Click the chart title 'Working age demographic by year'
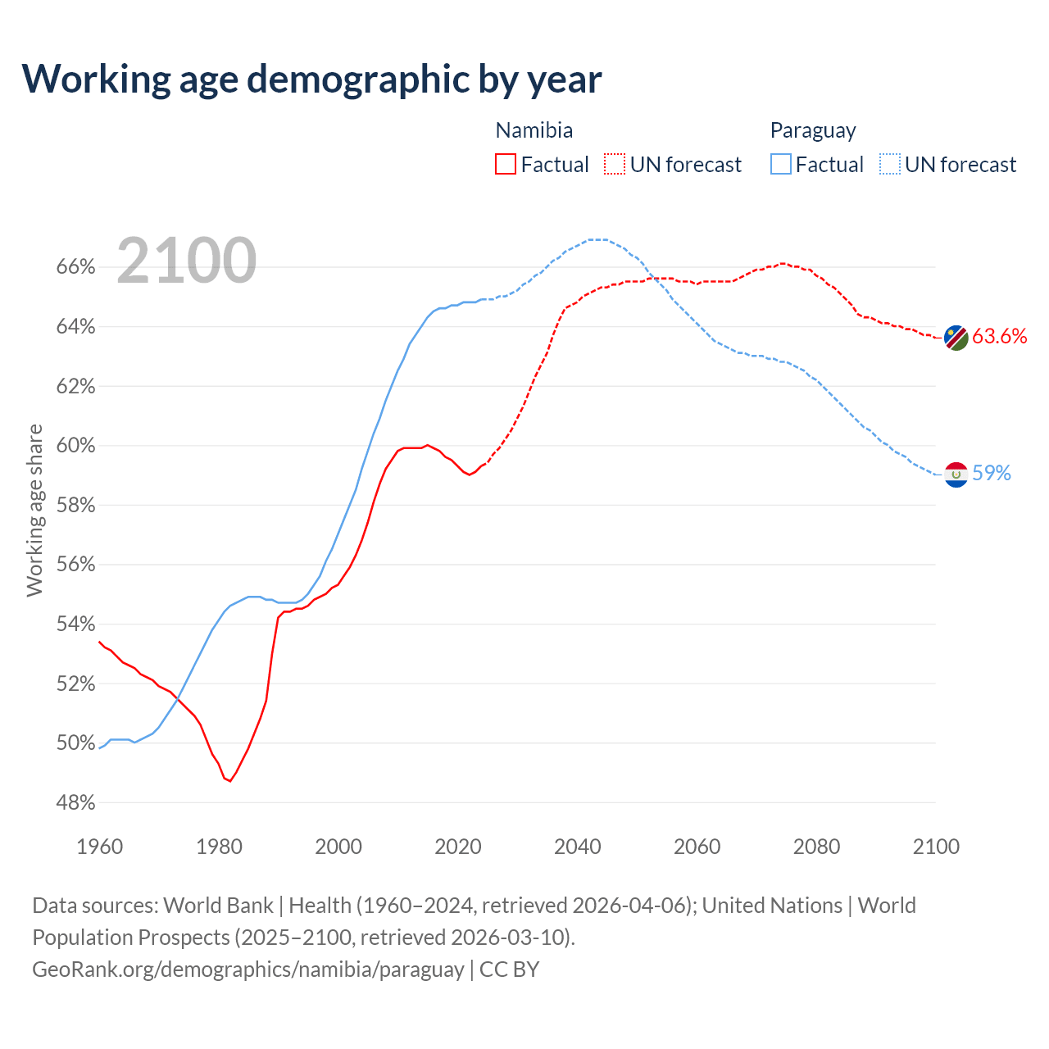pyautogui.click(x=311, y=79)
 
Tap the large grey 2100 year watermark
pyautogui.click(x=187, y=261)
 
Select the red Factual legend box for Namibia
pyautogui.click(x=506, y=165)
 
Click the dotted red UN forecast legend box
pyautogui.click(x=615, y=165)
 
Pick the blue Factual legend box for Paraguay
pyautogui.click(x=781, y=165)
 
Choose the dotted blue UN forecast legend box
pyautogui.click(x=890, y=165)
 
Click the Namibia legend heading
pyautogui.click(x=534, y=130)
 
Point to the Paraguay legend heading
pyautogui.click(x=813, y=130)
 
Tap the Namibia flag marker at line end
pyautogui.click(x=956, y=337)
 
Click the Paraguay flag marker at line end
pyautogui.click(x=956, y=475)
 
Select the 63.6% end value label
pyautogui.click(x=1000, y=336)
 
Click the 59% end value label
pyautogui.click(x=992, y=473)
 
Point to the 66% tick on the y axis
pyautogui.click(x=76, y=267)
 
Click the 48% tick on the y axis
pyautogui.click(x=76, y=803)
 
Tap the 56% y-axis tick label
pyautogui.click(x=76, y=565)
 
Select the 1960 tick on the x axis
pyautogui.click(x=99, y=847)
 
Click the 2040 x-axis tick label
pyautogui.click(x=578, y=847)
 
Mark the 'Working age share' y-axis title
pyautogui.click(x=34, y=510)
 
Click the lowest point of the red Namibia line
pyautogui.click(x=230, y=781)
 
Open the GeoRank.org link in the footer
pyautogui.click(x=248, y=970)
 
